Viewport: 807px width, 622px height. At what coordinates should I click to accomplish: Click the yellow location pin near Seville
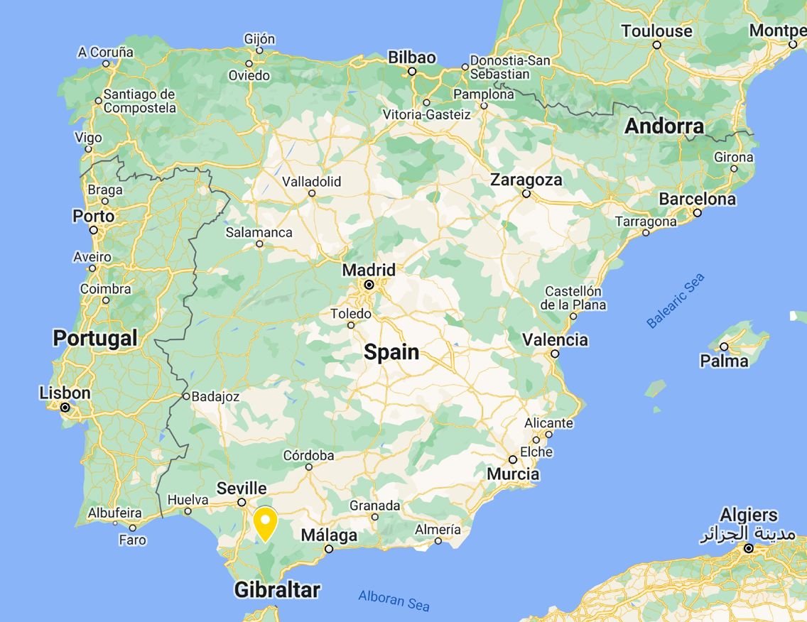(x=265, y=523)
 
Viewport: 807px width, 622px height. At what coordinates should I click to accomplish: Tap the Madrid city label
(x=369, y=271)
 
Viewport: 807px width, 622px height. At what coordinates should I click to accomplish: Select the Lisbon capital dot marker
(x=65, y=408)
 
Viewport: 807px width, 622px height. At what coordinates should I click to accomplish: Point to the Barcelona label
(x=697, y=199)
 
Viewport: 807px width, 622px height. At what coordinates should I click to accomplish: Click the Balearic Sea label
(x=675, y=301)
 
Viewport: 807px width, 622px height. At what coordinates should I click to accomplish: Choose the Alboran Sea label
(x=394, y=601)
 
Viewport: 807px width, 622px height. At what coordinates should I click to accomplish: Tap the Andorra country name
(x=664, y=126)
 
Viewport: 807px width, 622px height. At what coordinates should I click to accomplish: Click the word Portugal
(x=94, y=338)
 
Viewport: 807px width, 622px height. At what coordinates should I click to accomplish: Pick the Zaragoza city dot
(x=526, y=193)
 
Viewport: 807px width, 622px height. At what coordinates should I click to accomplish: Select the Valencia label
(x=555, y=339)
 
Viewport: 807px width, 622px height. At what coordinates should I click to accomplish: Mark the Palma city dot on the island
(x=724, y=347)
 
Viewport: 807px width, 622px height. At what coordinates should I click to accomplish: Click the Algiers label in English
(x=749, y=515)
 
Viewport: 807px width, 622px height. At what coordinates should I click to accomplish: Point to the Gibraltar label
(x=277, y=589)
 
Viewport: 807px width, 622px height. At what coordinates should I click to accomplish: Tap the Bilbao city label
(x=412, y=58)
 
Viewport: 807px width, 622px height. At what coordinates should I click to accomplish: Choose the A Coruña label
(x=106, y=52)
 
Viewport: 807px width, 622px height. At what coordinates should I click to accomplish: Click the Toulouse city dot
(x=657, y=45)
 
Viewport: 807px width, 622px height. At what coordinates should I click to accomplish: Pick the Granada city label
(x=374, y=506)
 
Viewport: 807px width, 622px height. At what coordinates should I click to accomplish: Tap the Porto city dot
(x=94, y=230)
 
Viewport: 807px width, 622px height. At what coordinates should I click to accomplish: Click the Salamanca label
(x=259, y=232)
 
